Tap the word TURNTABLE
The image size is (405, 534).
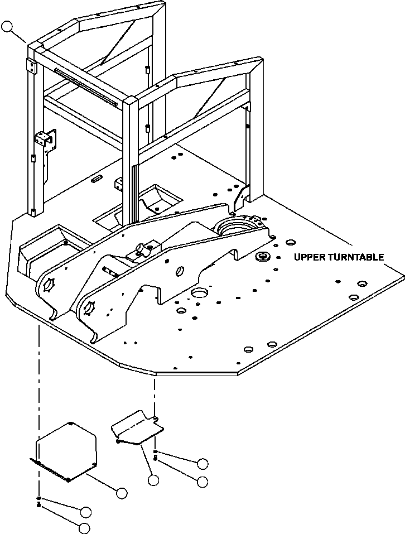click(x=357, y=257)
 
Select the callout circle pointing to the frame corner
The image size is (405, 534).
click(x=8, y=26)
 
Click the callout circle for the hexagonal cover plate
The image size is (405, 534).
click(x=121, y=492)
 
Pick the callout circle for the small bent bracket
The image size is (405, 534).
click(x=153, y=479)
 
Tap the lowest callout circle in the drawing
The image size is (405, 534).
click(x=84, y=527)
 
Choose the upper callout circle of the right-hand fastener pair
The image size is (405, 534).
click(x=202, y=463)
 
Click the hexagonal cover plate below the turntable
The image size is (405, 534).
click(x=66, y=449)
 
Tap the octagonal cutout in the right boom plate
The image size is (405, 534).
click(x=88, y=306)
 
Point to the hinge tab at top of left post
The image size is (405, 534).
click(x=31, y=67)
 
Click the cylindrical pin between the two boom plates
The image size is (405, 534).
click(x=111, y=271)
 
